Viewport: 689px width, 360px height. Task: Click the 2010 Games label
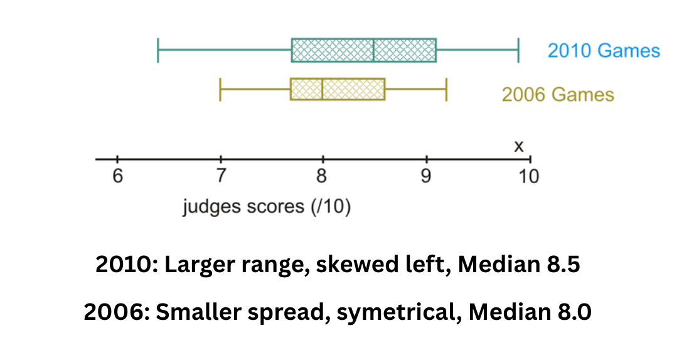coord(604,50)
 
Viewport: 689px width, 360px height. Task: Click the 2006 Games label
coord(558,94)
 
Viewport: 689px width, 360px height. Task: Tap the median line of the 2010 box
coord(373,50)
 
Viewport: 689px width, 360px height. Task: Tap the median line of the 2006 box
coord(322,90)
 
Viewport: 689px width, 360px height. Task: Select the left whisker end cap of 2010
coord(158,50)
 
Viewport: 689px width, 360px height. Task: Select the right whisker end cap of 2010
coord(518,50)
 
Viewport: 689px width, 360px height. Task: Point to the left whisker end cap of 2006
coord(220,90)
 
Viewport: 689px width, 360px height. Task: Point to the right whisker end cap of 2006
coord(446,90)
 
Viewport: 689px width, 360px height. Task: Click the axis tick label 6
coord(117,176)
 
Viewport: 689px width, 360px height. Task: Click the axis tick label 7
coord(221,176)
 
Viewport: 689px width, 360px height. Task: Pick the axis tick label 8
coord(322,176)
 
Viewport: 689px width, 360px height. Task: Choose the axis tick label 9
coord(425,176)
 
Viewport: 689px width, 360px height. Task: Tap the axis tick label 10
coord(528,176)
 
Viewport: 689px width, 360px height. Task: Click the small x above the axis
coord(519,146)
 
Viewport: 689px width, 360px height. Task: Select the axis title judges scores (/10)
coord(267,207)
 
